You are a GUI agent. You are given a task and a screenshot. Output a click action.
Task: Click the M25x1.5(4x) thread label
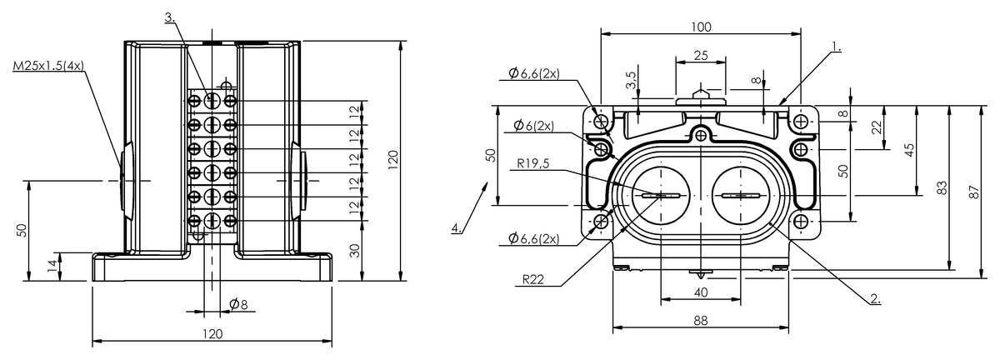pyautogui.click(x=48, y=66)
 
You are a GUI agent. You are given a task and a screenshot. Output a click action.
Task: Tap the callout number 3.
pyautogui.click(x=170, y=17)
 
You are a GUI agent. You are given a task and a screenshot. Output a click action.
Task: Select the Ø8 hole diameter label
pyautogui.click(x=238, y=304)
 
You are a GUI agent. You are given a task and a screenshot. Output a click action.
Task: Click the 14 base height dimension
pyautogui.click(x=52, y=267)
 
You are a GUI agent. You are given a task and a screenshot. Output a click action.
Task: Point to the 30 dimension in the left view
pyautogui.click(x=354, y=251)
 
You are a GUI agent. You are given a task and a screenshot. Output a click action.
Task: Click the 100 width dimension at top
pyautogui.click(x=701, y=27)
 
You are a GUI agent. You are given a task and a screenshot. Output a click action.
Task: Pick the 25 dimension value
pyautogui.click(x=701, y=55)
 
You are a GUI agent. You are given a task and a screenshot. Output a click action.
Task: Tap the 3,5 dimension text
pyautogui.click(x=631, y=80)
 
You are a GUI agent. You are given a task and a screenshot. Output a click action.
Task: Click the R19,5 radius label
pyautogui.click(x=533, y=163)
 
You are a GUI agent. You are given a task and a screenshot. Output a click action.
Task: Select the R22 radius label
pyautogui.click(x=533, y=280)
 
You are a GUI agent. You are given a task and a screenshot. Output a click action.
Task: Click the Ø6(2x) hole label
pyautogui.click(x=533, y=126)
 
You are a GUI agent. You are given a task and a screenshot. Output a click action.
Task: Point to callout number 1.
pyautogui.click(x=836, y=47)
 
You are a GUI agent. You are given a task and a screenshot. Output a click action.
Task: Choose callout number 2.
pyautogui.click(x=876, y=299)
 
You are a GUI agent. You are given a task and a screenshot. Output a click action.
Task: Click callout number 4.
pyautogui.click(x=457, y=228)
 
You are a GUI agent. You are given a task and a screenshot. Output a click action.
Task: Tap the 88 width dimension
pyautogui.click(x=701, y=320)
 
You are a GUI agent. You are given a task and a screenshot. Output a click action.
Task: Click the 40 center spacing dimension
pyautogui.click(x=701, y=292)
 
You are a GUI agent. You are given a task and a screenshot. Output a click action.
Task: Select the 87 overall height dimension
pyautogui.click(x=974, y=192)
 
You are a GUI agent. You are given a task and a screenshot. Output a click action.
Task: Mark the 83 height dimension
pyautogui.click(x=941, y=187)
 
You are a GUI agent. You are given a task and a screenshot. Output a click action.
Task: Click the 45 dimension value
pyautogui.click(x=909, y=150)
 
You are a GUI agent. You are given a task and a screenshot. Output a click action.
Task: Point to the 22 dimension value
pyautogui.click(x=877, y=127)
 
